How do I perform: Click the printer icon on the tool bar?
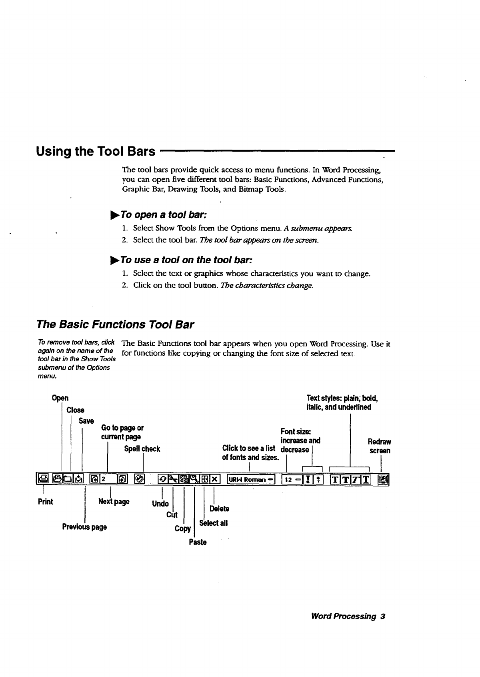tap(43, 479)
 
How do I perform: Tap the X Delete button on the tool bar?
tap(215, 479)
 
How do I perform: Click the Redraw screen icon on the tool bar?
tap(384, 479)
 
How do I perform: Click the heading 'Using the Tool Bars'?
tap(96, 152)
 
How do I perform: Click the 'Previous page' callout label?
tap(84, 527)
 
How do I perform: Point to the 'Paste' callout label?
tap(198, 543)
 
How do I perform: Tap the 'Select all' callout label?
tap(214, 523)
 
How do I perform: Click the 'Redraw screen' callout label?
tap(379, 446)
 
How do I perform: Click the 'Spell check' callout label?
tap(142, 449)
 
